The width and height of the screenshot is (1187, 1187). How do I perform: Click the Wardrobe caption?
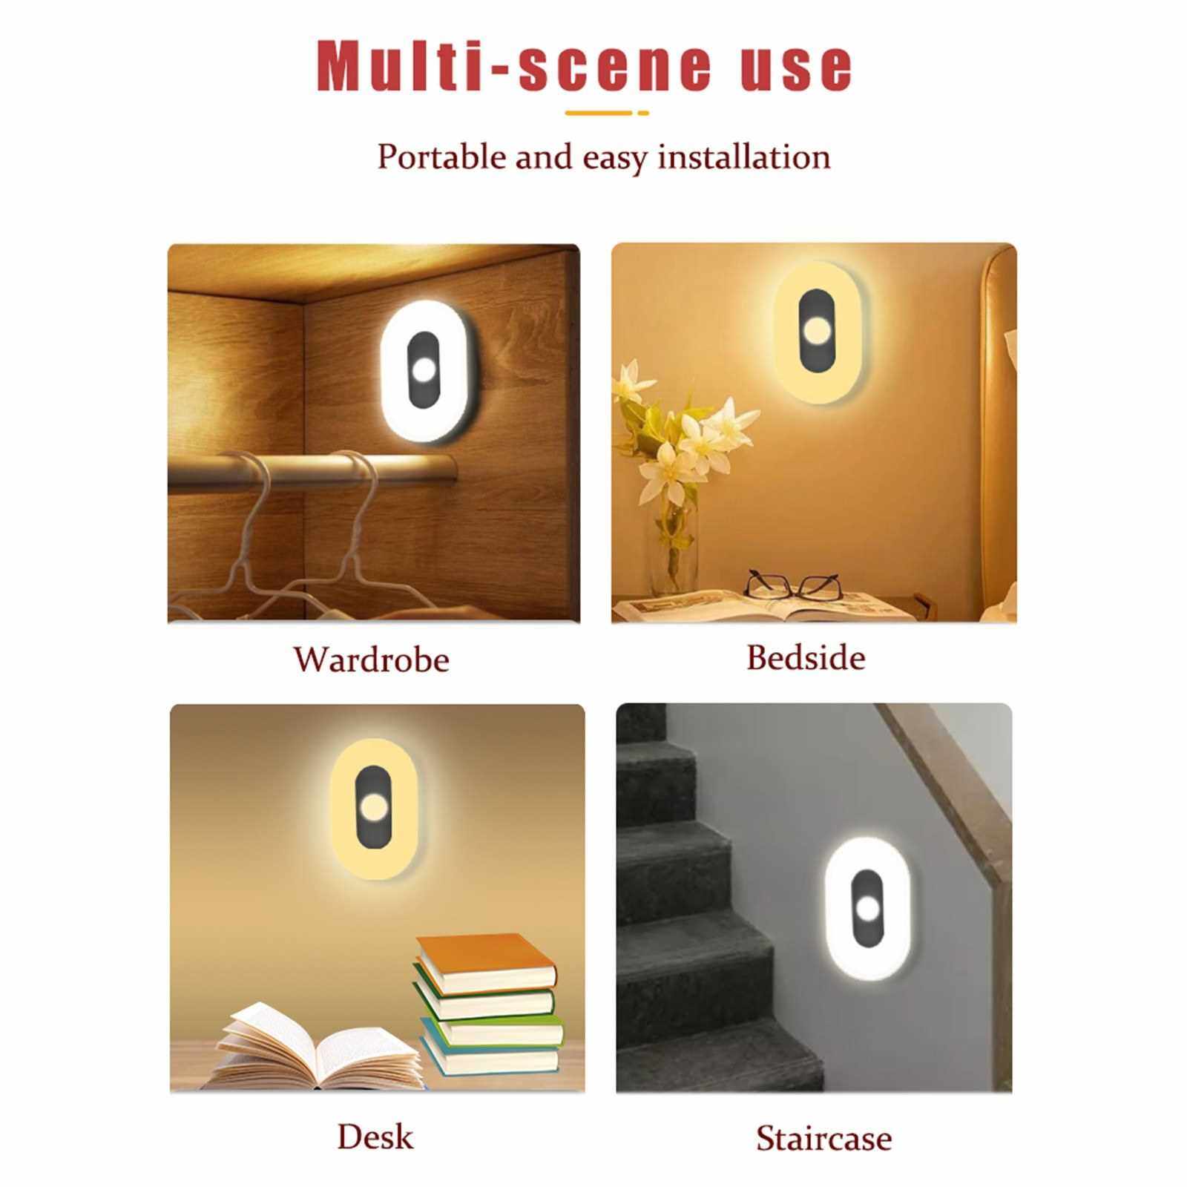371,659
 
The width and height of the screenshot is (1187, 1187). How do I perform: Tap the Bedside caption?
806,657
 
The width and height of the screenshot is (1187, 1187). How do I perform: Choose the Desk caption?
375,1136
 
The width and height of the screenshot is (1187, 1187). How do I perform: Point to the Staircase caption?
823,1139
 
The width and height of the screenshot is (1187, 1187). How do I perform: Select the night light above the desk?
379,809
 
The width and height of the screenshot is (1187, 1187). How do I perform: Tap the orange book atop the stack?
485,962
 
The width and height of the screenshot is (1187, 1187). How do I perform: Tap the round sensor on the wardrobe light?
422,370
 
